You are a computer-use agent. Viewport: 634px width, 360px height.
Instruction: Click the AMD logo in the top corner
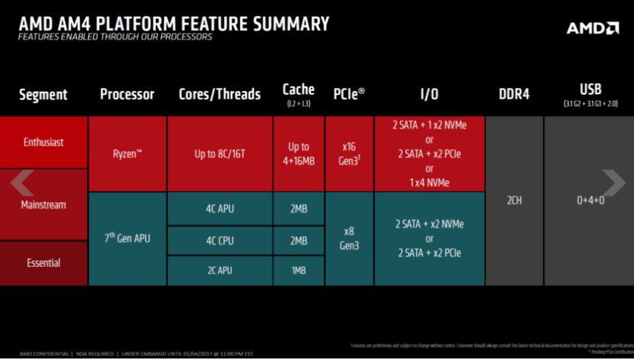pyautogui.click(x=593, y=28)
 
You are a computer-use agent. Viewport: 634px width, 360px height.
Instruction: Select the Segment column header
pyautogui.click(x=43, y=95)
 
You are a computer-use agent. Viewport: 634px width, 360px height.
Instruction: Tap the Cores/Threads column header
pyautogui.click(x=219, y=95)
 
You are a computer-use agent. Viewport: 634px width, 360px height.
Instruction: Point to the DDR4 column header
pyautogui.click(x=514, y=95)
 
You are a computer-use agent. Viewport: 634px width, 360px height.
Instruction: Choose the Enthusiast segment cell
pyautogui.click(x=44, y=142)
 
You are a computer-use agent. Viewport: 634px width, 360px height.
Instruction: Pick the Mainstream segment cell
pyautogui.click(x=44, y=205)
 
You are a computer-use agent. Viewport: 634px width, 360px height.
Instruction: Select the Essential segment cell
pyautogui.click(x=44, y=263)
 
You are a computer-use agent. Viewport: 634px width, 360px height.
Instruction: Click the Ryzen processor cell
pyautogui.click(x=127, y=154)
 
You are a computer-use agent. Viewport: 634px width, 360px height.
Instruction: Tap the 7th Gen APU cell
pyautogui.click(x=127, y=238)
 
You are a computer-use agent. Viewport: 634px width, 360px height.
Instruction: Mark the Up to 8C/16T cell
pyautogui.click(x=219, y=154)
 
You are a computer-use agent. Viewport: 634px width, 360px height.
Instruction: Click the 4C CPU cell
pyautogui.click(x=219, y=240)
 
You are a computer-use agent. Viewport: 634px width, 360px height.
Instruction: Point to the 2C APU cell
pyautogui.click(x=219, y=270)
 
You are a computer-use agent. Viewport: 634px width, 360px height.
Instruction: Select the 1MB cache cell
pyautogui.click(x=298, y=270)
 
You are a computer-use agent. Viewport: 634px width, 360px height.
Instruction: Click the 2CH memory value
pyautogui.click(x=514, y=200)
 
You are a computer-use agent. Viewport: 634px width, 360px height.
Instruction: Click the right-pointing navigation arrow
pyautogui.click(x=613, y=182)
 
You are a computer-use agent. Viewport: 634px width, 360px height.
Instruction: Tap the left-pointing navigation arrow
pyautogui.click(x=21, y=182)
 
